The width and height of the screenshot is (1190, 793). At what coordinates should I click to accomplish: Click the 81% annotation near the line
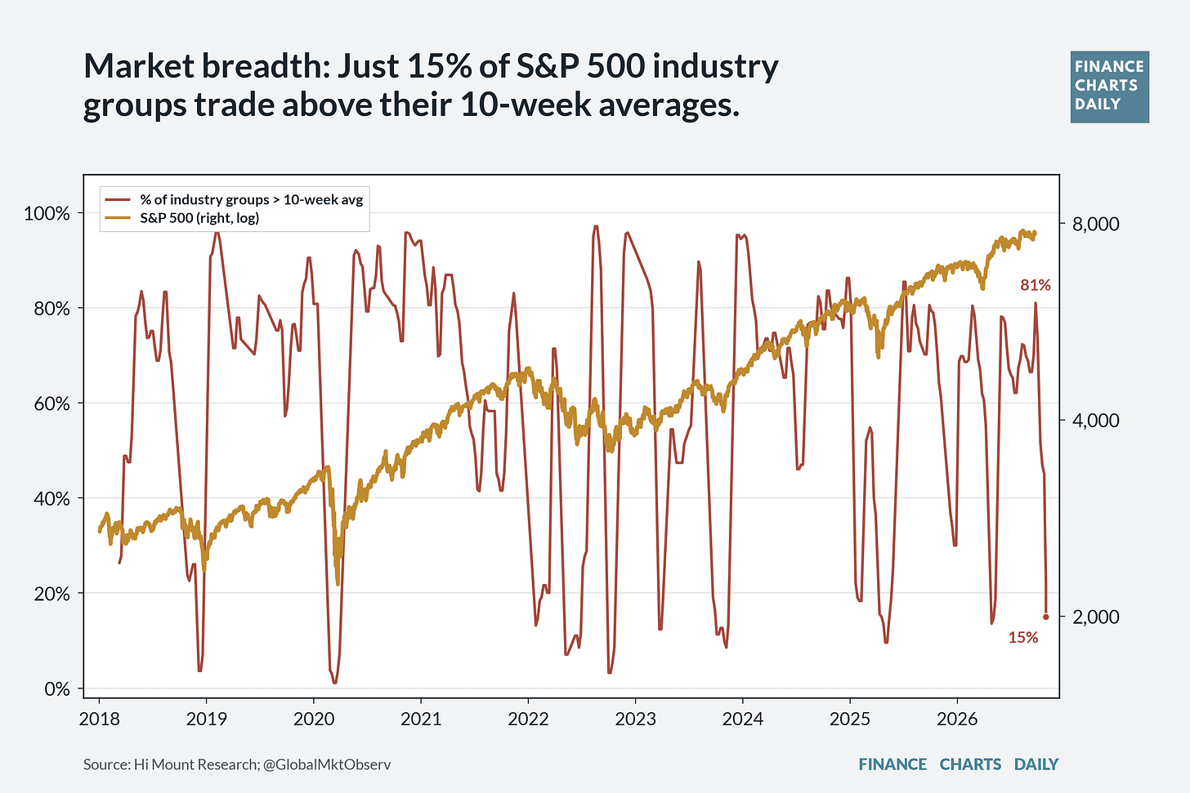click(x=1036, y=286)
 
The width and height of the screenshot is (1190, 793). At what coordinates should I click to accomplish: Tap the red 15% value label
click(x=1023, y=638)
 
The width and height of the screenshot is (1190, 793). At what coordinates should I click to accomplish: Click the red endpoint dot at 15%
click(x=1046, y=617)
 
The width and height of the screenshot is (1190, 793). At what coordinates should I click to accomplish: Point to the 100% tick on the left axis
click(x=47, y=213)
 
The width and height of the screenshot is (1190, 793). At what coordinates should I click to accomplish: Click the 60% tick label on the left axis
click(x=51, y=403)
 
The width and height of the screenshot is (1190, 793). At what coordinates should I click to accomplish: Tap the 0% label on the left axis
click(x=57, y=689)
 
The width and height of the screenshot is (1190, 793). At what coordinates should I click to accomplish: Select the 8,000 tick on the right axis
click(x=1095, y=224)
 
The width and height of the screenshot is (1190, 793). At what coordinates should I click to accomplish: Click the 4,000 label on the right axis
click(x=1095, y=421)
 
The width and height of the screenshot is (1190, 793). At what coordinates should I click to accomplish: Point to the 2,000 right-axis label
click(x=1095, y=617)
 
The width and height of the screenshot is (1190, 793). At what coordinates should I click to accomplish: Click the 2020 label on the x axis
click(x=314, y=719)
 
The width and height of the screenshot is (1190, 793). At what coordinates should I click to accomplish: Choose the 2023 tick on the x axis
click(x=635, y=719)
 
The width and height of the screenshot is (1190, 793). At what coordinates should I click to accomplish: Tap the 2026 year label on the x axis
click(x=957, y=719)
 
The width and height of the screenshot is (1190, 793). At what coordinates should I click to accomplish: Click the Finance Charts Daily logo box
click(x=1110, y=87)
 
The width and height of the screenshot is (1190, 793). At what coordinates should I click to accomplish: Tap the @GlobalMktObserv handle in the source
click(x=327, y=764)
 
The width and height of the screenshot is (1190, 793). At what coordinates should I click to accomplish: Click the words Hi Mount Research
click(x=195, y=764)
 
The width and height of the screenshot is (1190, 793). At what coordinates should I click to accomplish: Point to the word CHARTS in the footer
click(x=970, y=764)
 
